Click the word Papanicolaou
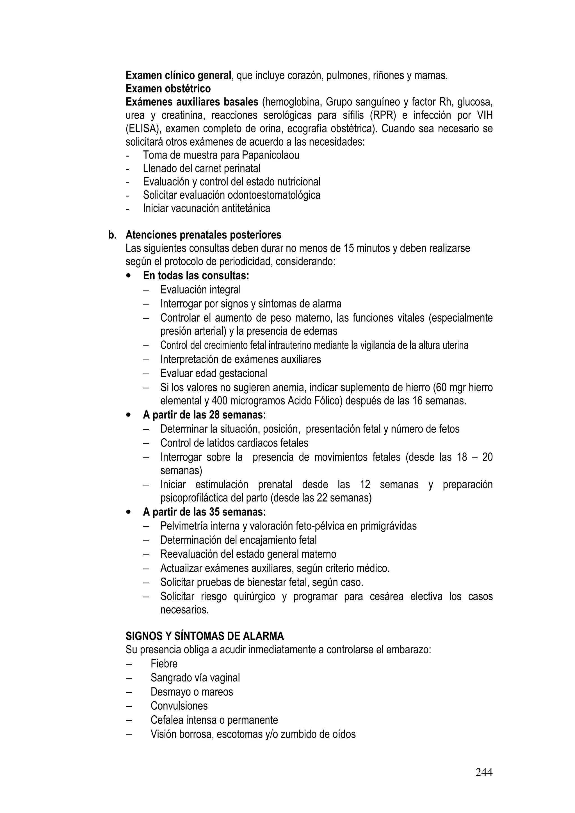270,155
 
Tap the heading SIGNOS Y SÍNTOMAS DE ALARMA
205,636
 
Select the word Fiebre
164,664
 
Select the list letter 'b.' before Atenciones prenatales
112,235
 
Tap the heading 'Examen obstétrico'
168,88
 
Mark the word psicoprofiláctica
194,498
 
